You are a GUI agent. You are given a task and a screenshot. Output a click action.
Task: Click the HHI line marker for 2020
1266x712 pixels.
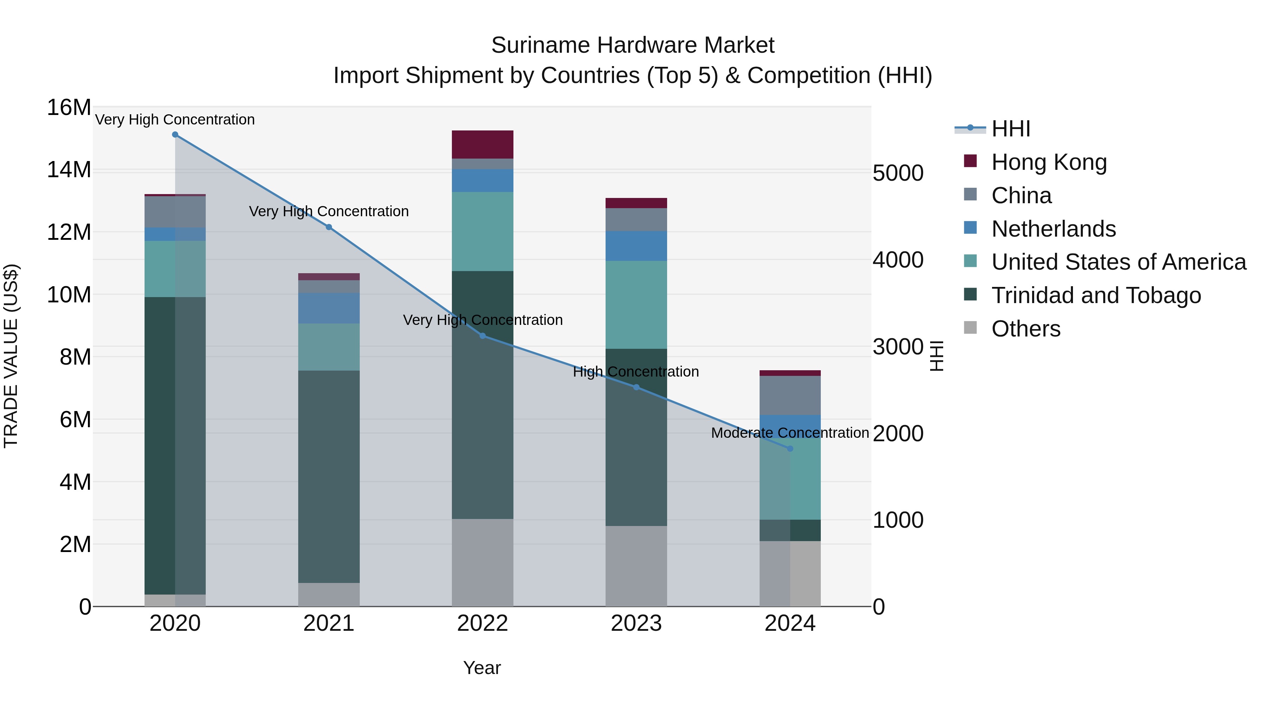pyautogui.click(x=175, y=135)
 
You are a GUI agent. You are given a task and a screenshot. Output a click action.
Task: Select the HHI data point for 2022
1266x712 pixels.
pyautogui.click(x=482, y=336)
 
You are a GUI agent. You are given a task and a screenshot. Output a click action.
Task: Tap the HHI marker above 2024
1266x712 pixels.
pyautogui.click(x=790, y=449)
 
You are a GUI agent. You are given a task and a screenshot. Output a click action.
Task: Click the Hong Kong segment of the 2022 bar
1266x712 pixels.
pyautogui.click(x=482, y=145)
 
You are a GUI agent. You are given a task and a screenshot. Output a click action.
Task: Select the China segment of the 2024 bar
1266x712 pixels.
pyautogui.click(x=790, y=395)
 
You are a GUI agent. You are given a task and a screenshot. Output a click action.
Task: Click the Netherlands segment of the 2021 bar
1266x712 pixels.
pyautogui.click(x=329, y=308)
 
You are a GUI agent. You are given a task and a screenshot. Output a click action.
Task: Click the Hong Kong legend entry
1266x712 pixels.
pyautogui.click(x=1048, y=162)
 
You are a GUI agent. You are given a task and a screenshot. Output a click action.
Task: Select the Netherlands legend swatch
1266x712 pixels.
pyautogui.click(x=970, y=228)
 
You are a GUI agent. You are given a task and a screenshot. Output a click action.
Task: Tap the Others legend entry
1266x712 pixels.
pyautogui.click(x=1026, y=329)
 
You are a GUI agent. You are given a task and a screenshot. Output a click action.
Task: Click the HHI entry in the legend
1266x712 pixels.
pyautogui.click(x=1010, y=129)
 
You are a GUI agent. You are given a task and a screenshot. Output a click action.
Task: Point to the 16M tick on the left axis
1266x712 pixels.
pyautogui.click(x=69, y=108)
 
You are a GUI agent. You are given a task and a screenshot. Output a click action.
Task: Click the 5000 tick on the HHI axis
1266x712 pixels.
pyautogui.click(x=898, y=173)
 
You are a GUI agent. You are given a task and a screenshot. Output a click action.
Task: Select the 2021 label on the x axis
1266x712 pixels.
pyautogui.click(x=329, y=623)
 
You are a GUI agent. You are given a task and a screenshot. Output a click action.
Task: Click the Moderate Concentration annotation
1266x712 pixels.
pyautogui.click(x=790, y=433)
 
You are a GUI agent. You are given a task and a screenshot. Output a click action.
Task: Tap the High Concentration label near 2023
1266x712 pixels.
pyautogui.click(x=635, y=372)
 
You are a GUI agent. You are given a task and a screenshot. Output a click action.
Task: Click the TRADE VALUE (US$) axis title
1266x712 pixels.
pyautogui.click(x=11, y=356)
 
